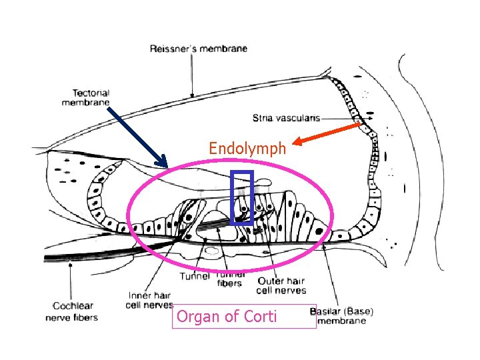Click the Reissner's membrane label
tap(198, 48)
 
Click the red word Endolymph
tap(247, 148)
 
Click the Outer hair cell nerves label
tap(281, 285)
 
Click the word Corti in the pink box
tap(259, 316)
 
